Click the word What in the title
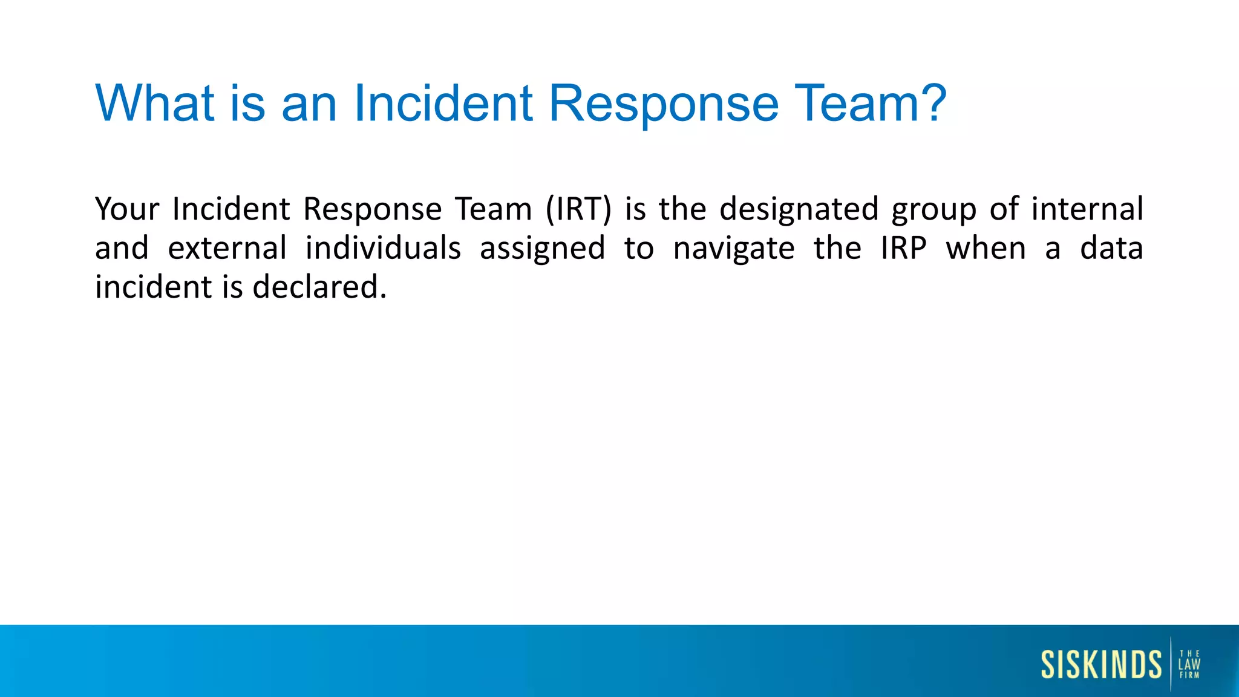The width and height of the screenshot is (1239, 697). tap(155, 103)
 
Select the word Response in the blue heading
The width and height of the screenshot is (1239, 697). tap(664, 104)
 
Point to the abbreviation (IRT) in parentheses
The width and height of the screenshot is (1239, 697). tap(578, 209)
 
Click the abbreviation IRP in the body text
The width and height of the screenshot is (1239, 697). tap(903, 248)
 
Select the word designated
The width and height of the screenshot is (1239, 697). tap(799, 209)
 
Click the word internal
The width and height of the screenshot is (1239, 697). tap(1087, 209)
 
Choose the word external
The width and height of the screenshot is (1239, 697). tap(227, 248)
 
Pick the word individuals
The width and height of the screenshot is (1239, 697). tap(383, 248)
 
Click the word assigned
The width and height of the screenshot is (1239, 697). tap(542, 249)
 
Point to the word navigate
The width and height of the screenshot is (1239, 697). tap(734, 249)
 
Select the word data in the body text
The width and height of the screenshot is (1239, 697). tap(1111, 248)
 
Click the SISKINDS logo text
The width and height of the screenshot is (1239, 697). tap(1101, 664)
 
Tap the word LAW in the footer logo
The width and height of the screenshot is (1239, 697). tap(1189, 664)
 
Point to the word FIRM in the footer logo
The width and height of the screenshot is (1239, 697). tap(1189, 675)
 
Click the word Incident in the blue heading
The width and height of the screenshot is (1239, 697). tap(443, 103)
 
